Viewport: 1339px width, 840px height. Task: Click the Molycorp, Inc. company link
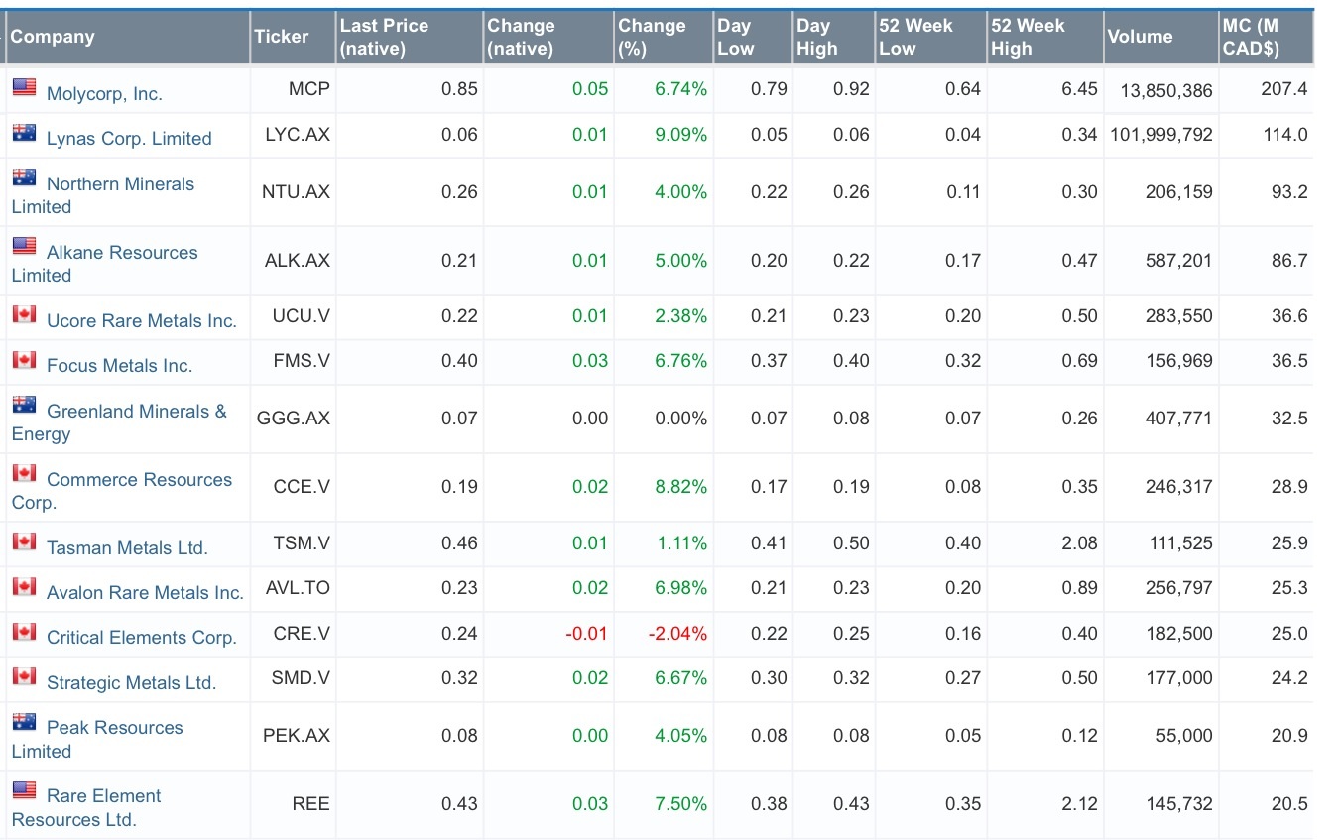coord(103,93)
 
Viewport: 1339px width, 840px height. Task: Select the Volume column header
coord(1140,37)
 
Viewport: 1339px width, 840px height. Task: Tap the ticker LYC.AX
coord(297,135)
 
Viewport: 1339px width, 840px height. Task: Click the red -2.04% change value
coord(678,634)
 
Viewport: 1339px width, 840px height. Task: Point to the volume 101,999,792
coord(1159,135)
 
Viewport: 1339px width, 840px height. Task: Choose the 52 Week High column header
coord(1028,37)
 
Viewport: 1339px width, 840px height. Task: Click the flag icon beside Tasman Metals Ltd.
coord(24,540)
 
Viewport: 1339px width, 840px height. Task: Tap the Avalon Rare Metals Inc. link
coord(144,592)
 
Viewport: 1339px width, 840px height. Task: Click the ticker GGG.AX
coord(293,419)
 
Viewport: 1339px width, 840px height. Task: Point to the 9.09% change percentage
coord(680,135)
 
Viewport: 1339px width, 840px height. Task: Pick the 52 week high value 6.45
coord(1079,89)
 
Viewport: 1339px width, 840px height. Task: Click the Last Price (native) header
coord(384,37)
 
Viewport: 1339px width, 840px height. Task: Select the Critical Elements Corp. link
coord(141,638)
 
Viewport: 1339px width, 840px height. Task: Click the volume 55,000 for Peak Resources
coord(1183,736)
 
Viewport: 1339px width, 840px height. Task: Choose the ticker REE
coord(310,804)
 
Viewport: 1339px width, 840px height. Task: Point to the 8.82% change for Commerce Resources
coord(680,487)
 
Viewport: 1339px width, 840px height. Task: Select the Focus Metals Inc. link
coord(119,365)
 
